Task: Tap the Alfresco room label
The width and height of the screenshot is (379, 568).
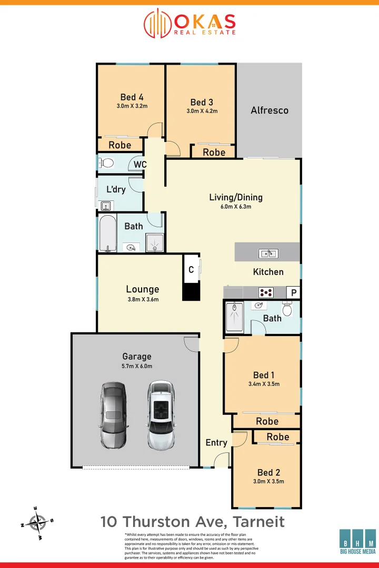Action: [x=270, y=110]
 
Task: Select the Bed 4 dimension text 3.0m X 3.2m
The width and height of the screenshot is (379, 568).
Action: [x=132, y=106]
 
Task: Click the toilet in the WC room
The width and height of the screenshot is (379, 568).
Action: [x=107, y=163]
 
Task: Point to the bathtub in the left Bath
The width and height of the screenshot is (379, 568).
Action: [x=107, y=233]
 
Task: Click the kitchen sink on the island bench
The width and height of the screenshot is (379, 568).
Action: [x=267, y=254]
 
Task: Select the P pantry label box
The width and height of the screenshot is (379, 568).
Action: [x=293, y=292]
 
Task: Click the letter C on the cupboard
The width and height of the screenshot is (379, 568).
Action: [x=191, y=270]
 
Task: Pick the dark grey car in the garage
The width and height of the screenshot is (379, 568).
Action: [x=114, y=415]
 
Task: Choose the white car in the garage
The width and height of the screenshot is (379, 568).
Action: [x=161, y=415]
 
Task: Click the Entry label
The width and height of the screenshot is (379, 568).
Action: [x=216, y=442]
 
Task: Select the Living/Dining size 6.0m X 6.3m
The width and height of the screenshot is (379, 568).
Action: [x=236, y=207]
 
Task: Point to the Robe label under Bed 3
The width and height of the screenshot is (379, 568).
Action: [x=214, y=152]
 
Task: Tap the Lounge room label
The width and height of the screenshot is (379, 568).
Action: [x=142, y=289]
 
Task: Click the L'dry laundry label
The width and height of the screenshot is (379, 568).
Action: [x=116, y=189]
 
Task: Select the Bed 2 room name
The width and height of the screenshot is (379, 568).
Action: [x=268, y=472]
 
